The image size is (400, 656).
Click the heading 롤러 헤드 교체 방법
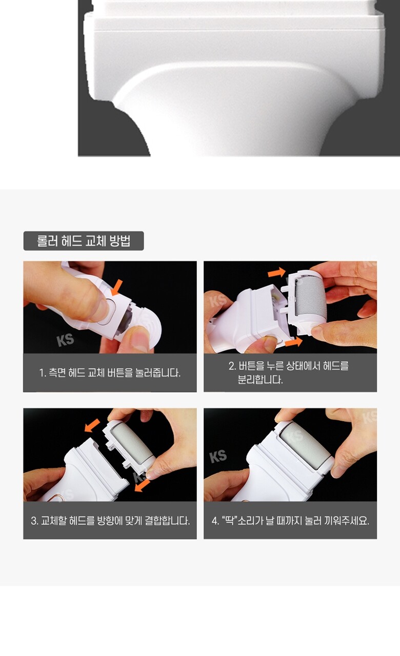(84, 241)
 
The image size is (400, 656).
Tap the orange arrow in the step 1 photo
(116, 288)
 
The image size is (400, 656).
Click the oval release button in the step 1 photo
(107, 311)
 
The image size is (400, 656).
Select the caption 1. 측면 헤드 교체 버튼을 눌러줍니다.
(110, 373)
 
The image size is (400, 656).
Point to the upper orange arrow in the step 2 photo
(276, 272)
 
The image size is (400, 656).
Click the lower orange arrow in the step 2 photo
(294, 342)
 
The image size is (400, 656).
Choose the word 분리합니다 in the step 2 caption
(260, 380)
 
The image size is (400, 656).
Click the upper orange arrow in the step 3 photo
(92, 425)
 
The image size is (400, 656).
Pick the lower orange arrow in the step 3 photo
(142, 485)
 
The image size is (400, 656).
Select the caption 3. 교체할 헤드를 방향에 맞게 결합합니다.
(110, 521)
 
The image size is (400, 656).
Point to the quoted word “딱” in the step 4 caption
(229, 520)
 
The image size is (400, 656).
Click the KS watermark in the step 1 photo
(65, 340)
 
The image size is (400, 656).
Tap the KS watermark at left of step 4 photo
(218, 457)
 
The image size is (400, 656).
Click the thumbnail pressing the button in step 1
(99, 310)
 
